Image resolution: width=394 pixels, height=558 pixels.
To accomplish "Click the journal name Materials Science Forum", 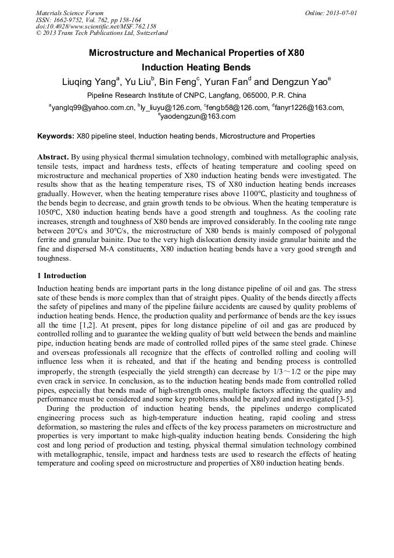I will click(70, 13).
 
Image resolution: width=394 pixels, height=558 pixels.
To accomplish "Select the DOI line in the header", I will click(96, 27).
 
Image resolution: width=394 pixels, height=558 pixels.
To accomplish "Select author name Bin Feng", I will click(177, 82).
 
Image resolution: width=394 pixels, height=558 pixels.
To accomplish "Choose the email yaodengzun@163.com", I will click(198, 116).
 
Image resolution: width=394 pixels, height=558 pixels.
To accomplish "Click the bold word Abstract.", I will click(53, 158).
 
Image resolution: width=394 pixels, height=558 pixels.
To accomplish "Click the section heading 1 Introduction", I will click(62, 276).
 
